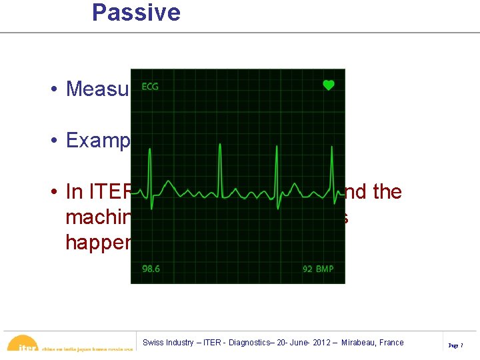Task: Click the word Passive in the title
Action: pyautogui.click(x=136, y=13)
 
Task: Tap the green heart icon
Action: pyautogui.click(x=328, y=85)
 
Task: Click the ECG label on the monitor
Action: pyautogui.click(x=150, y=87)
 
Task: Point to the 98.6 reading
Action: pyautogui.click(x=151, y=269)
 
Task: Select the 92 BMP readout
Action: pyautogui.click(x=317, y=269)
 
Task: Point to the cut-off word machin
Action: pyautogui.click(x=97, y=217)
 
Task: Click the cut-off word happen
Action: pyautogui.click(x=97, y=241)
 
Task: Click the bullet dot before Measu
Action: pyautogui.click(x=52, y=89)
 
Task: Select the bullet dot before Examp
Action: pyautogui.click(x=52, y=141)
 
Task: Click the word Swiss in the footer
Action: pyautogui.click(x=153, y=343)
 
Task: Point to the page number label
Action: pyautogui.click(x=456, y=345)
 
